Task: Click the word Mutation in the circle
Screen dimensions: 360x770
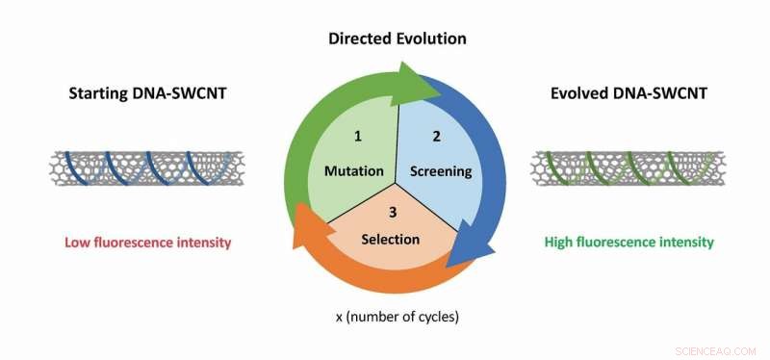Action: [354, 171]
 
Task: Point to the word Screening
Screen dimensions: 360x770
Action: [441, 171]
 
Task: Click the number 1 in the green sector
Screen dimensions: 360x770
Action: [357, 137]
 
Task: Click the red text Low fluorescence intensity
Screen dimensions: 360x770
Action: [148, 243]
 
